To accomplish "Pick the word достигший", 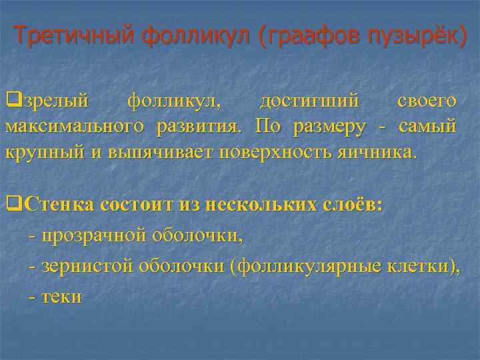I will (x=309, y=101).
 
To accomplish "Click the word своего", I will (x=427, y=101).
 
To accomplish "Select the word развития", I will (x=200, y=127).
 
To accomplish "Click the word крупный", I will (x=45, y=152).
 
